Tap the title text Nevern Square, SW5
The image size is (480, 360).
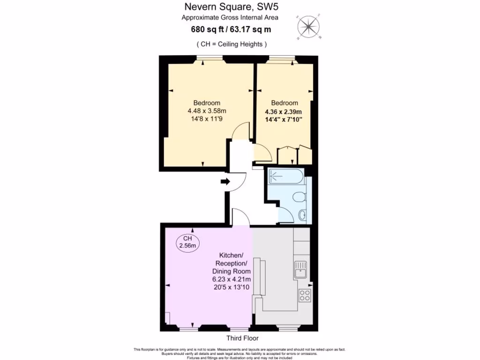tap(230, 7)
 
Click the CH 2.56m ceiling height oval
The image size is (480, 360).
tap(187, 242)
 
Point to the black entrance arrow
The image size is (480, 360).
tap(225, 182)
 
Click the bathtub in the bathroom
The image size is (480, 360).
tap(285, 177)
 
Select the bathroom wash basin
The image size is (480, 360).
tap(302, 216)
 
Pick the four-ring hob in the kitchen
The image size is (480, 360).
tap(305, 295)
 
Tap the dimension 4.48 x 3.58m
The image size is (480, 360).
tap(207, 111)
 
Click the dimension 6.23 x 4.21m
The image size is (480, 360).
tap(232, 279)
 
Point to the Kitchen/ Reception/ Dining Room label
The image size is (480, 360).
tap(232, 263)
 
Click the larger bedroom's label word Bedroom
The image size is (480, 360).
tap(207, 103)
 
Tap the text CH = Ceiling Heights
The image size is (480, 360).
tap(231, 44)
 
